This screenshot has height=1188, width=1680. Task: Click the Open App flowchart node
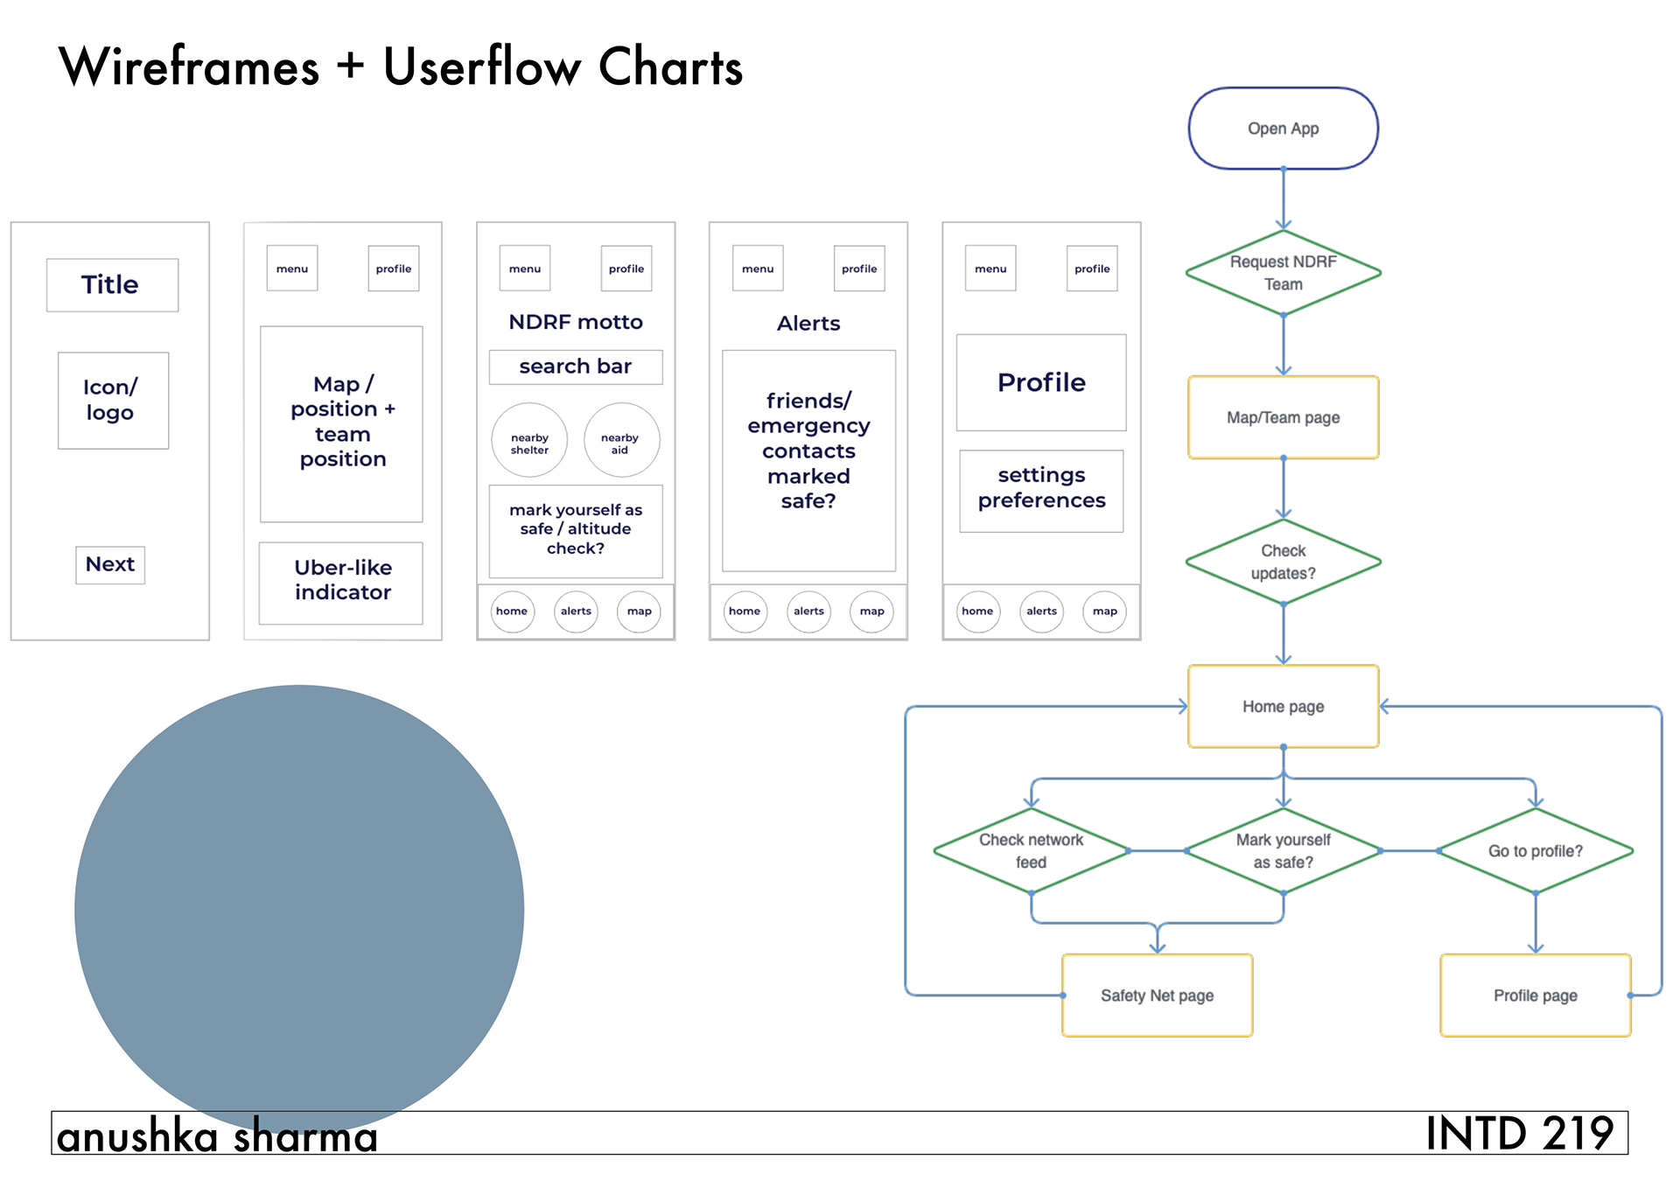point(1283,129)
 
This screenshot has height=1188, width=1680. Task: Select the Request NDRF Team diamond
point(1283,273)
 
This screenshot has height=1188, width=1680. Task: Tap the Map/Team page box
point(1283,417)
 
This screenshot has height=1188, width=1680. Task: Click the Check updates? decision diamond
point(1283,562)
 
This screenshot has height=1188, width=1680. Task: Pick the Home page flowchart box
point(1283,706)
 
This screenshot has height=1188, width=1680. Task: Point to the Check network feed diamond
point(1032,850)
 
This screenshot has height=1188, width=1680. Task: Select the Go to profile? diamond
point(1536,850)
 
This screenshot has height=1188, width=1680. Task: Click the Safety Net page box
point(1157,996)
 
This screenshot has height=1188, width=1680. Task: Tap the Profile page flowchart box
point(1536,996)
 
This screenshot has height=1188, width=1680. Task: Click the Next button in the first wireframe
point(110,564)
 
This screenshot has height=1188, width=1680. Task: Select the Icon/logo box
point(113,401)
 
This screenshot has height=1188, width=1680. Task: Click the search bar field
point(576,367)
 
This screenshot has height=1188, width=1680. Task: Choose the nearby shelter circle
point(529,440)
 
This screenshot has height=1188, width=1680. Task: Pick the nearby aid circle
point(621,440)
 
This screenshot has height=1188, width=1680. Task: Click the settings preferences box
point(1041,491)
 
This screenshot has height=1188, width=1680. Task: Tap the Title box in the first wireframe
point(112,284)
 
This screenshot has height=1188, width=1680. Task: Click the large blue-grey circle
point(299,910)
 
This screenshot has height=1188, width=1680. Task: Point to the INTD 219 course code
point(1519,1134)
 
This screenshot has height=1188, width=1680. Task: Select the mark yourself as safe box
point(576,531)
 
